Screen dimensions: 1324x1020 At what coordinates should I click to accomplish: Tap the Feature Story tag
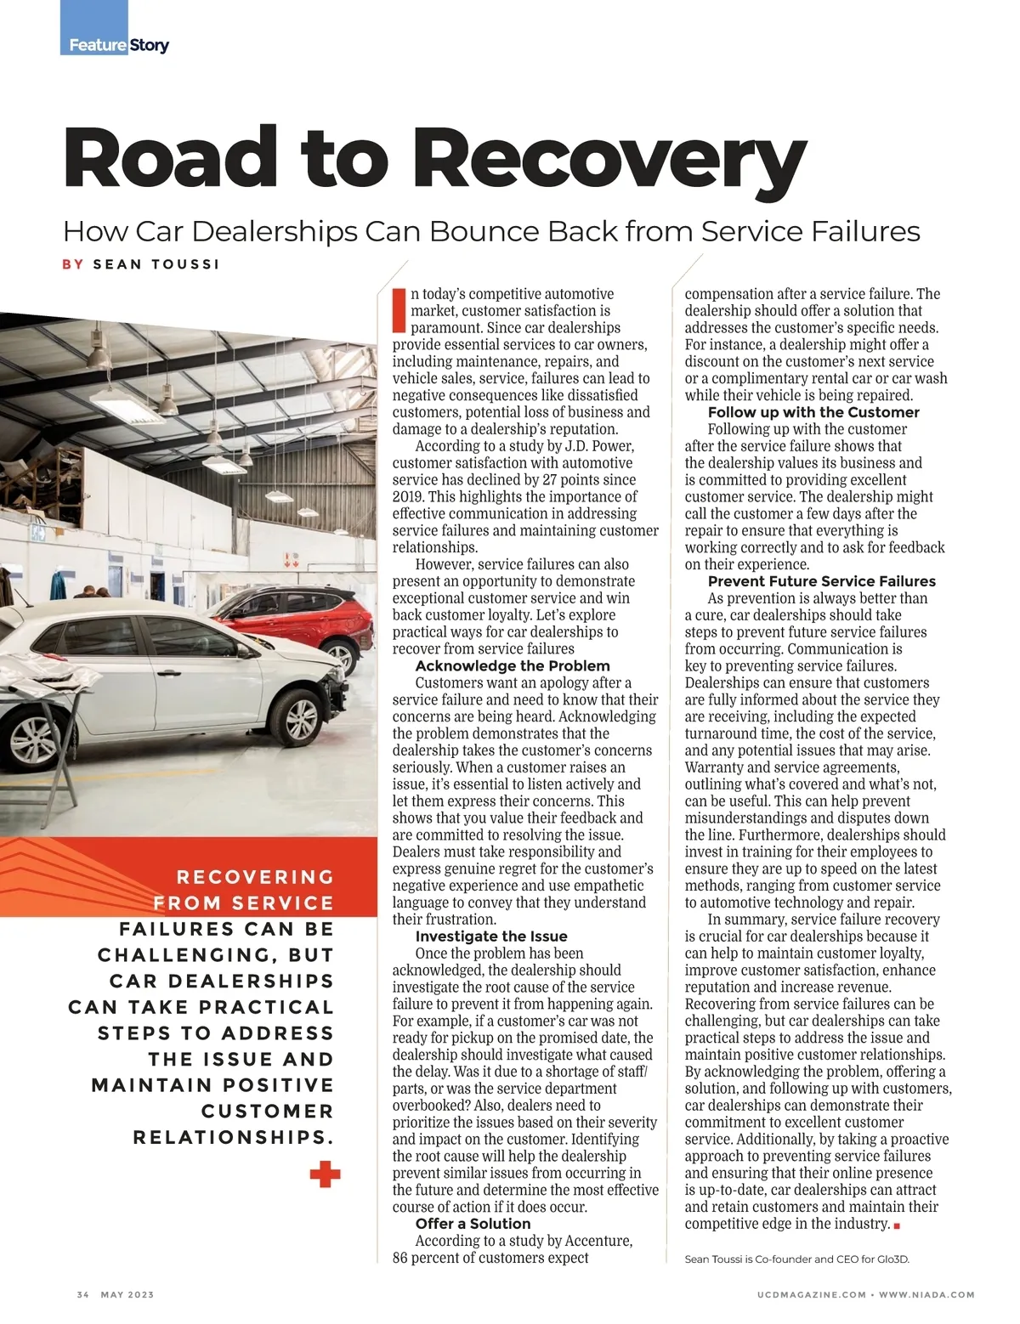118,44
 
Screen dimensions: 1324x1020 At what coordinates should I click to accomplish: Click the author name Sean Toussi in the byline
156,264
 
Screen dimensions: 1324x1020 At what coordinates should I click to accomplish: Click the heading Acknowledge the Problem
513,666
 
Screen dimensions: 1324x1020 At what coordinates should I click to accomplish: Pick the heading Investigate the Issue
491,936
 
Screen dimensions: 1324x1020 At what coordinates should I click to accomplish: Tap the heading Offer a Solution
473,1224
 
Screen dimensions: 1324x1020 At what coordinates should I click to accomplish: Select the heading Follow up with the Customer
813,412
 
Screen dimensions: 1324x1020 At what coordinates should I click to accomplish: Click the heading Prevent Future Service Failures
821,581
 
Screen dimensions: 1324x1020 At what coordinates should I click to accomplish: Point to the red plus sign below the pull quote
325,1175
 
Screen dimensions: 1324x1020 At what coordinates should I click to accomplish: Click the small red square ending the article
897,1225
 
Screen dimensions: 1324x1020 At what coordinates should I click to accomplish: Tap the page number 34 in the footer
82,1294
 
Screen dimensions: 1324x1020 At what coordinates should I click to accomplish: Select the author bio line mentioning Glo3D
796,1259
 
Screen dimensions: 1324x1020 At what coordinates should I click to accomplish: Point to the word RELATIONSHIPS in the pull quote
233,1137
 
